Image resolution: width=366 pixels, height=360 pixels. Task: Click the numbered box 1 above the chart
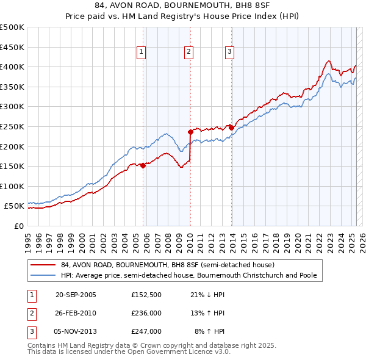[141, 52]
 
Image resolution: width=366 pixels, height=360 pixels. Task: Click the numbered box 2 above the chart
[188, 52]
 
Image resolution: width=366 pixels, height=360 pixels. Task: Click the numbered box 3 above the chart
[229, 52]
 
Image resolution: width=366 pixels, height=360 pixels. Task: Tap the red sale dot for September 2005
[143, 165]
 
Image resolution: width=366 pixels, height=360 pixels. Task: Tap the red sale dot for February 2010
[190, 131]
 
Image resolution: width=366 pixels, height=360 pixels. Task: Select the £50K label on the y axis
[15, 206]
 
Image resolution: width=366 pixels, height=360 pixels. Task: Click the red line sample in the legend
[43, 265]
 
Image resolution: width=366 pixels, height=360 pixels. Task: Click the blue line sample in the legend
[43, 275]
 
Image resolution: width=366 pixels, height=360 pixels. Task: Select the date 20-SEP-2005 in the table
[76, 295]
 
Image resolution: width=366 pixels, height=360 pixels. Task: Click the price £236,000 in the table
[146, 313]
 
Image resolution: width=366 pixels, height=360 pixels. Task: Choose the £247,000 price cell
[146, 331]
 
